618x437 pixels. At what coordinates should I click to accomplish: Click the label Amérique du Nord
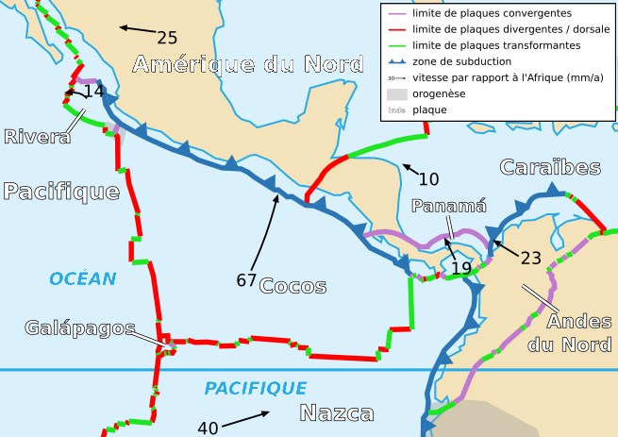247,65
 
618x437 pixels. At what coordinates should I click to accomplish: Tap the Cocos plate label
292,286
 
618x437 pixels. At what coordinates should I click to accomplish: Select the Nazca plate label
337,413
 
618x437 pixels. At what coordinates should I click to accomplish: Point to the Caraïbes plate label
550,168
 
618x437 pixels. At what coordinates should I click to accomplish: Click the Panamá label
449,207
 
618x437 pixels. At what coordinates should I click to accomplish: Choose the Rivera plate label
37,137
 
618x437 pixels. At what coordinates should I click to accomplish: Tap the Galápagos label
80,328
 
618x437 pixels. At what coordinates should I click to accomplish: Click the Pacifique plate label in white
61,193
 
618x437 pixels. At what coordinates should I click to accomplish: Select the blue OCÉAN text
83,278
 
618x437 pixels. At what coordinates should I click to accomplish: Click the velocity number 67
246,280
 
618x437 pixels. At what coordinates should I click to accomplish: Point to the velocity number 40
208,428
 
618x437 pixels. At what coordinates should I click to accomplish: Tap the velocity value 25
167,39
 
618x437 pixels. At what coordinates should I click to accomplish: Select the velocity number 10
428,179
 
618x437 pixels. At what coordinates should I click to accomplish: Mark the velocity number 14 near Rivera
93,92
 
